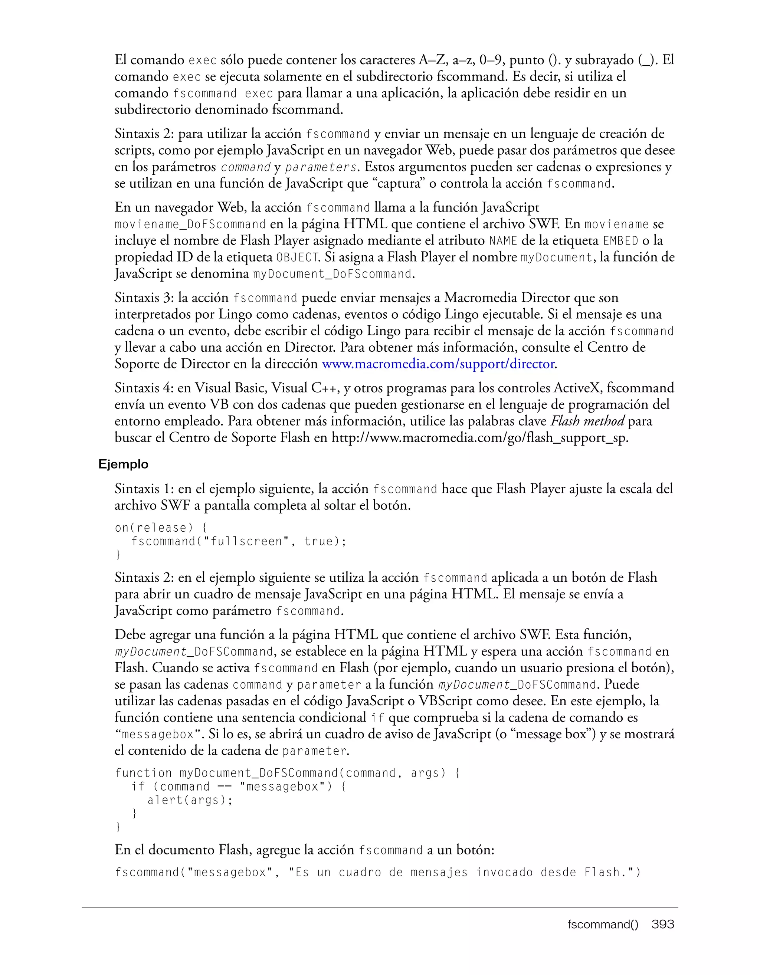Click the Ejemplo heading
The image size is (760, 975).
[x=123, y=464]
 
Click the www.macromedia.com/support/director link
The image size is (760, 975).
[x=438, y=364]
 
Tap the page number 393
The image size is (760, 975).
[x=663, y=924]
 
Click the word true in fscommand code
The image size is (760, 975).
[x=319, y=542]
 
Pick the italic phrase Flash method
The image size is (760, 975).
[x=587, y=421]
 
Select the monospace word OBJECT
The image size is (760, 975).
[x=297, y=257]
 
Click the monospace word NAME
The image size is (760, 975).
[x=503, y=241]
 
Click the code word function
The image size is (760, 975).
[x=143, y=773]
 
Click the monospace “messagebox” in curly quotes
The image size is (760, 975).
[x=157, y=734]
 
